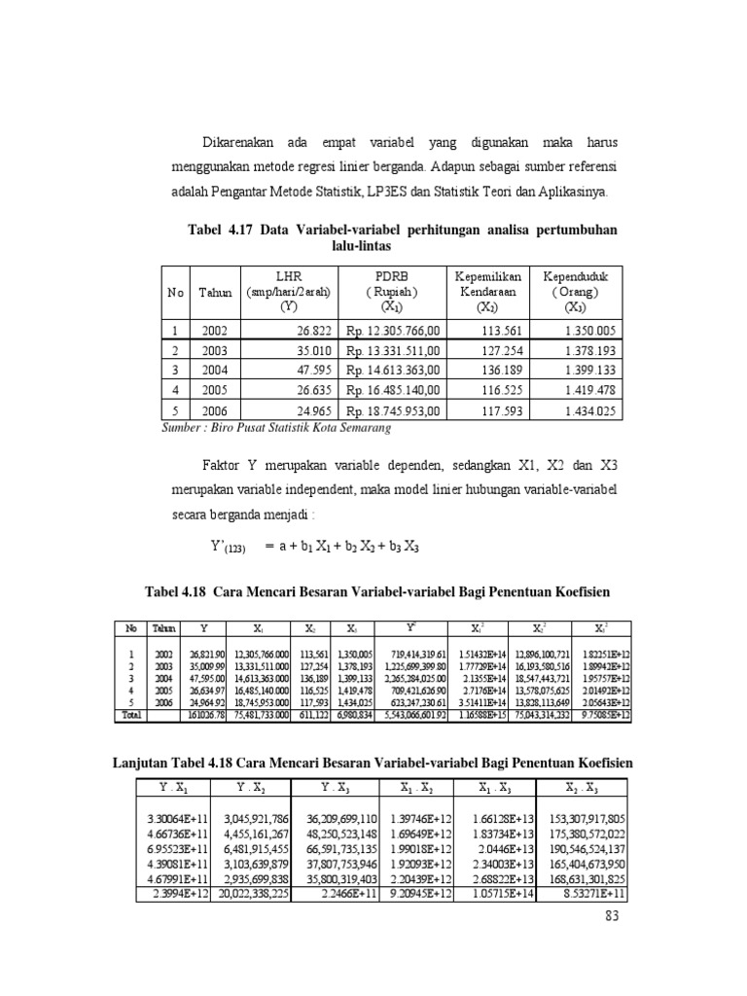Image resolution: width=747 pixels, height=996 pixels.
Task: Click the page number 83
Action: pyautogui.click(x=610, y=915)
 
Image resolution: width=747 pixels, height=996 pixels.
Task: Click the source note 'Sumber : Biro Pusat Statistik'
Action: pyautogui.click(x=276, y=427)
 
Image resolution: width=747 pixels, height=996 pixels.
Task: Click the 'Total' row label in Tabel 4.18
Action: pyautogui.click(x=131, y=714)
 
